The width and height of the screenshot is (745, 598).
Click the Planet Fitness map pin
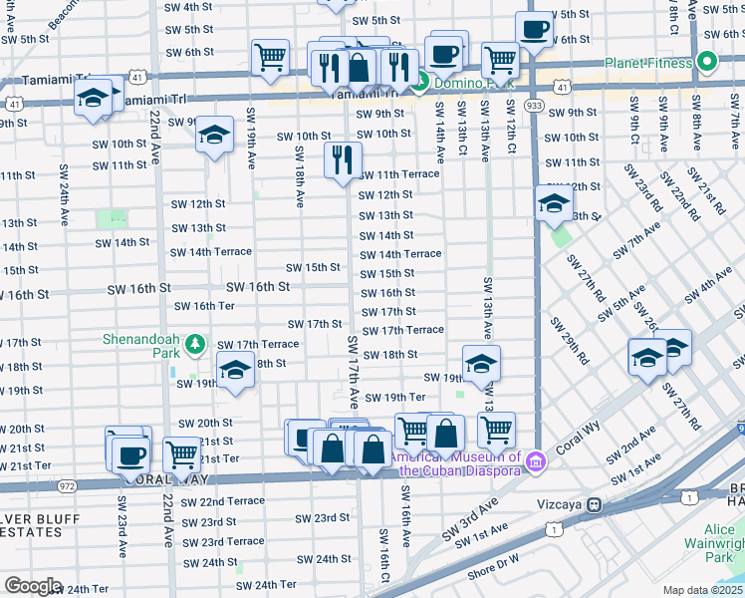[x=708, y=62]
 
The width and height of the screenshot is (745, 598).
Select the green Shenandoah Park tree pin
[x=196, y=343]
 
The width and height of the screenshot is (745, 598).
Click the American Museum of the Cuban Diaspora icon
[x=536, y=460]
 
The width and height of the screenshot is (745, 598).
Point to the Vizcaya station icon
[x=594, y=505]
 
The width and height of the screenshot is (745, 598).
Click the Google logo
[x=33, y=586]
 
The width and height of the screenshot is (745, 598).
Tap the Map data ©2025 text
[x=702, y=590]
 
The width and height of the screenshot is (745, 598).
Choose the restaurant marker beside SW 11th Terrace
[x=343, y=160]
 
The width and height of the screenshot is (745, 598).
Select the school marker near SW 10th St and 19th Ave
[x=214, y=137]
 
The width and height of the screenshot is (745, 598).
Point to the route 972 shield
[x=67, y=486]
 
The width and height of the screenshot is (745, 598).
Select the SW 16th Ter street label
[x=205, y=306]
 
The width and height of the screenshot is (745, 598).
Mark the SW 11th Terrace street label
[x=398, y=174]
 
